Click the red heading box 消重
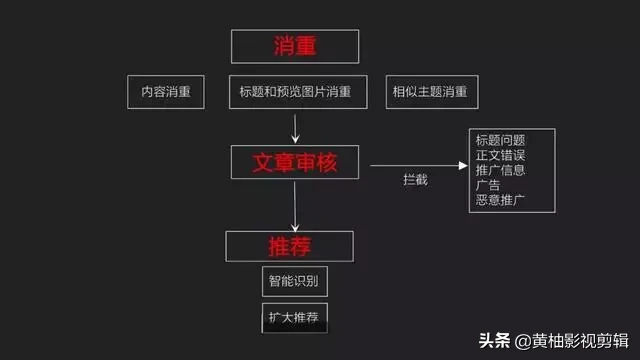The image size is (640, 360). coord(295,45)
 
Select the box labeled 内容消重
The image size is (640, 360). coord(166,92)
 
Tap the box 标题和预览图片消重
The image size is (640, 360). coord(295,92)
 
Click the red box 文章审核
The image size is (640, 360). coord(295,161)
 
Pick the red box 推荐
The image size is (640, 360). coord(290,245)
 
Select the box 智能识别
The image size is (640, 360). coord(295,281)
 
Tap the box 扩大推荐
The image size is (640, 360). coord(295,318)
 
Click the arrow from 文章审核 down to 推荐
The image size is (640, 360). coord(295,205)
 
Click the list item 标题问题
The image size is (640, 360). coord(501,140)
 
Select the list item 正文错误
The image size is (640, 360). coord(501,155)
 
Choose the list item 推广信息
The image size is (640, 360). coord(501,170)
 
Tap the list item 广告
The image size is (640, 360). coord(489,185)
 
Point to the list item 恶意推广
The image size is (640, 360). coord(501,200)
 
